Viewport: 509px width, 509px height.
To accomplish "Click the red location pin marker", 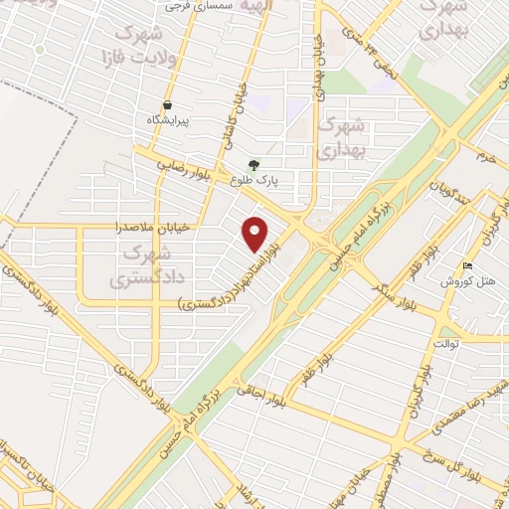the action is point(255,234).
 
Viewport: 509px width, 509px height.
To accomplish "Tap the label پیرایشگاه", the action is point(167,119).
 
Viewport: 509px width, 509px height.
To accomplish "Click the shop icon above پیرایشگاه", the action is point(167,104).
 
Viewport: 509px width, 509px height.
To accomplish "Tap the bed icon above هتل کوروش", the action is point(468,266).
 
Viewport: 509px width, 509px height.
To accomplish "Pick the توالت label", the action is point(469,345).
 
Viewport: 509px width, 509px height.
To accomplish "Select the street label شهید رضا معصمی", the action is point(464,404).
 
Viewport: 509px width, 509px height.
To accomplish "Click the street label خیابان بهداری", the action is point(320,65).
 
